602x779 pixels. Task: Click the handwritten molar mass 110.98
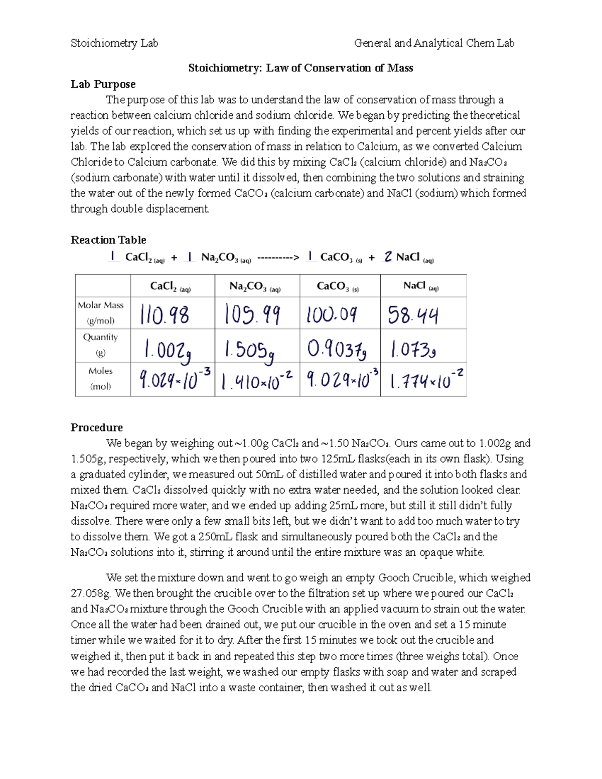pyautogui.click(x=165, y=316)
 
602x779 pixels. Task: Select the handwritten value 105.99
pyautogui.click(x=252, y=315)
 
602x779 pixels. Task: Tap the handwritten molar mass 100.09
pyautogui.click(x=332, y=315)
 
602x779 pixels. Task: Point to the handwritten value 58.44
pyautogui.click(x=413, y=316)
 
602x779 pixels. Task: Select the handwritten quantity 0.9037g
pyautogui.click(x=336, y=349)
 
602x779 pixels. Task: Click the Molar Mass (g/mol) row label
pyautogui.click(x=101, y=313)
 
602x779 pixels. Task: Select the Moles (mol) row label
pyautogui.click(x=101, y=379)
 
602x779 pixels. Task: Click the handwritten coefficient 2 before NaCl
pyautogui.click(x=388, y=257)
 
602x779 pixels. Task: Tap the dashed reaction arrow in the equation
pyautogui.click(x=278, y=258)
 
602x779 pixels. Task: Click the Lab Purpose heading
pyautogui.click(x=103, y=84)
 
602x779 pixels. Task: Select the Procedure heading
pyautogui.click(x=96, y=427)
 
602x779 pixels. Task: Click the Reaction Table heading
pyautogui.click(x=108, y=240)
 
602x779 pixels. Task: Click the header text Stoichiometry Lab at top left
pyautogui.click(x=114, y=43)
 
